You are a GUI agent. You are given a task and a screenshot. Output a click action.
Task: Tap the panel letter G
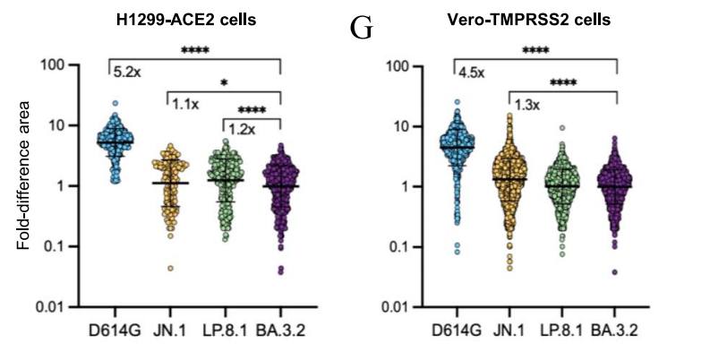[x=361, y=29]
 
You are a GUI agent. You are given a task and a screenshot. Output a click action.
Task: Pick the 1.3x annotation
[x=523, y=106]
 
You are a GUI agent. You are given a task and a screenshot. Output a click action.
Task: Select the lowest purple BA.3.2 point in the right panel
[x=616, y=271]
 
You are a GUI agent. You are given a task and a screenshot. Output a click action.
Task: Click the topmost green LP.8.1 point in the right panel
[x=562, y=128]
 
